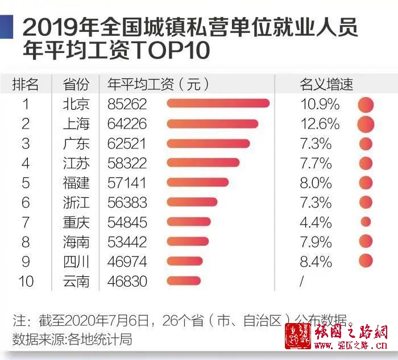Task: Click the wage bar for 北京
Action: (218, 104)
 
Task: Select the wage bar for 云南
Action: (184, 281)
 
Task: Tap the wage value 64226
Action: (127, 123)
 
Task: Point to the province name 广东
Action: (76, 143)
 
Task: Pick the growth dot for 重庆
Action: (366, 221)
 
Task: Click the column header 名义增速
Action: (326, 85)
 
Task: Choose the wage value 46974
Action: (127, 261)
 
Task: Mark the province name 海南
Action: (76, 242)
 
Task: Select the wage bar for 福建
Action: (198, 183)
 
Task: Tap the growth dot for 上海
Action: (366, 123)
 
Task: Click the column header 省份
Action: (76, 85)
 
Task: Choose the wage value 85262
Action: (127, 104)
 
